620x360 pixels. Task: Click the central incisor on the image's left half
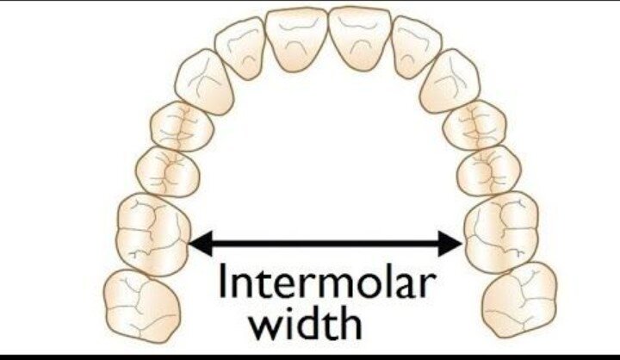pos(296,39)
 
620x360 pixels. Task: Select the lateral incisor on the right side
pos(417,47)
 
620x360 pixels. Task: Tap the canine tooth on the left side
pos(205,82)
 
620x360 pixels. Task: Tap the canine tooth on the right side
pos(450,81)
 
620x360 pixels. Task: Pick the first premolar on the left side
pos(182,127)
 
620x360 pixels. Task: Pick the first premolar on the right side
pos(474,126)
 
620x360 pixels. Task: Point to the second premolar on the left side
pos(168,171)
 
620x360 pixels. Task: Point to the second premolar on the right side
pos(489,171)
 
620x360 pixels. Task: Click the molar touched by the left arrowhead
pos(153,234)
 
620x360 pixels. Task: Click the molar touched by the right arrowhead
pos(502,233)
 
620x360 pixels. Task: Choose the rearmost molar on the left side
pos(141,307)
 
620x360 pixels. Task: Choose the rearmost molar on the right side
pos(520,300)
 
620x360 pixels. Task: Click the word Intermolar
pos(327,281)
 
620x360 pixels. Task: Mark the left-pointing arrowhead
pos(201,243)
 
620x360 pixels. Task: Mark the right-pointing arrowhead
pos(450,243)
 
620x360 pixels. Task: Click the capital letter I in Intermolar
pos(221,281)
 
